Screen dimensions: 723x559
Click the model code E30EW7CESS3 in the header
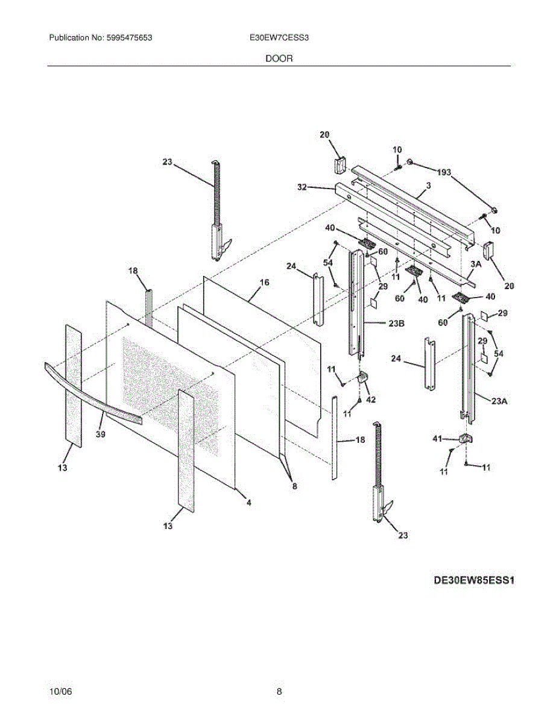279,37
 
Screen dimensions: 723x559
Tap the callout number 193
444,173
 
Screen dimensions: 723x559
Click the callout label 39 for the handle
100,434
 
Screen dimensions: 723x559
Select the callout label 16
264,282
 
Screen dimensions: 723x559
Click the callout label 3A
476,263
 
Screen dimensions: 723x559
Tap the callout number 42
370,399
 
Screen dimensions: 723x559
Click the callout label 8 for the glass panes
294,487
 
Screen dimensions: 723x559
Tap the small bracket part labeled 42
362,378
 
